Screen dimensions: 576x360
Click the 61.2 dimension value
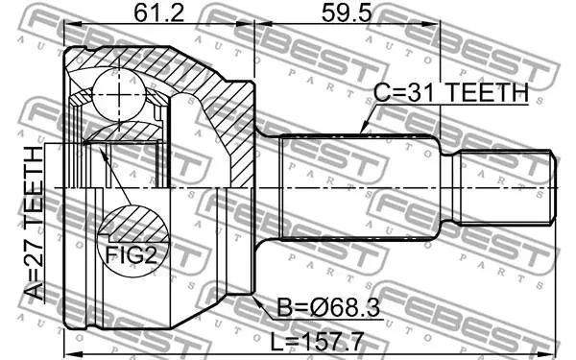click(158, 13)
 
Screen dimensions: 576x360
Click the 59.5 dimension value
click(347, 13)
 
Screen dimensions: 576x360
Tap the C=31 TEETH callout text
click(451, 92)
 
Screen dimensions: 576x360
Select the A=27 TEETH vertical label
click(35, 223)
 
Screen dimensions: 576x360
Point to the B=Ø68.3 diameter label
click(328, 307)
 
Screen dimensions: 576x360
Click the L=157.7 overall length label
click(317, 342)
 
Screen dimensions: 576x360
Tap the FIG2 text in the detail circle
click(132, 254)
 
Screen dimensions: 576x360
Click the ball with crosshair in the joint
click(119, 94)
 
